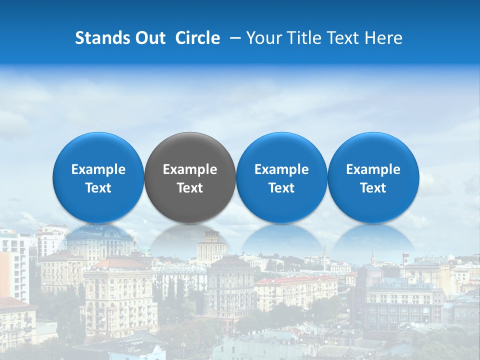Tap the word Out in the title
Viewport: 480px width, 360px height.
[x=148, y=38]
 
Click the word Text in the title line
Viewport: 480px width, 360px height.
[x=345, y=38]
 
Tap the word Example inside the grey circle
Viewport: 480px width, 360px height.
[x=190, y=169]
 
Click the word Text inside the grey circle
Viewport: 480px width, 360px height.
[x=190, y=188]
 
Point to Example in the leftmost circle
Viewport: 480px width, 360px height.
[x=98, y=169]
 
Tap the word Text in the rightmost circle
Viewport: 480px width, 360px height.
[x=373, y=188]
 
